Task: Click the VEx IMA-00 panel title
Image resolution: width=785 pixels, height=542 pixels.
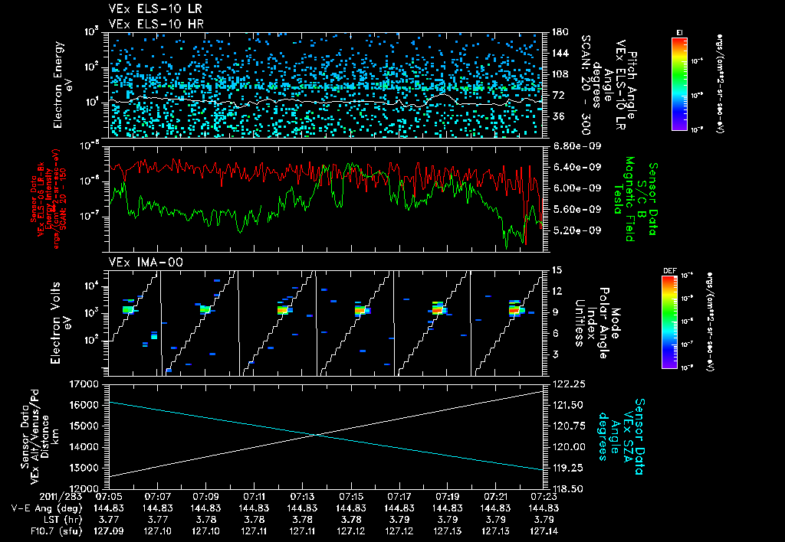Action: point(138,262)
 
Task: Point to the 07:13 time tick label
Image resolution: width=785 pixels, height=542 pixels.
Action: point(302,496)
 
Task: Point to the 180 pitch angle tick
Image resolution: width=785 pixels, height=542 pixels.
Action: point(559,32)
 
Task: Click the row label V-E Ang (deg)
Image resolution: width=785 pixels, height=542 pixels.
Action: point(44,508)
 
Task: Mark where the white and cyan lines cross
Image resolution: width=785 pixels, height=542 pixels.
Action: point(318,435)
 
